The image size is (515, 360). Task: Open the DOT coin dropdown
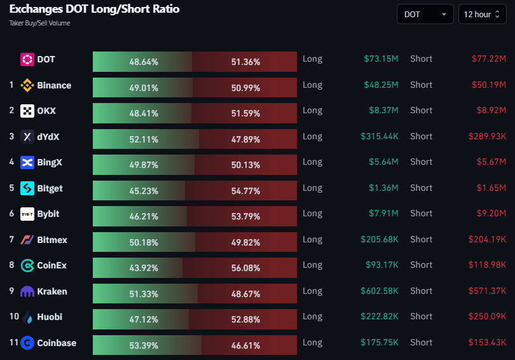(425, 14)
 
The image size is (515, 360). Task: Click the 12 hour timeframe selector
(482, 14)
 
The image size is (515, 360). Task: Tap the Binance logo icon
(27, 85)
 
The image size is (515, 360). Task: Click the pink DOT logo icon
(27, 59)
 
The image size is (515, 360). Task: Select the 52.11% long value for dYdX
(144, 139)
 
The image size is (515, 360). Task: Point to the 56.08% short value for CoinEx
(245, 268)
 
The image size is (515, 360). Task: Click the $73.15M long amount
(381, 59)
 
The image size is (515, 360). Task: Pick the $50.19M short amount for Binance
(489, 85)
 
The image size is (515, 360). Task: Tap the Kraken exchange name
(52, 291)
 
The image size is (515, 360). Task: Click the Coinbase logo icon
(27, 343)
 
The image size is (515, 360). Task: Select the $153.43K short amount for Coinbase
(487, 342)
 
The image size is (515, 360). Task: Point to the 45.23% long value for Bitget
(144, 191)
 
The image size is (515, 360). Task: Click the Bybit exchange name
(48, 214)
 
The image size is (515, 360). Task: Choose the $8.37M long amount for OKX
(383, 111)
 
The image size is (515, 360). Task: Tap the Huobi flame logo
(28, 317)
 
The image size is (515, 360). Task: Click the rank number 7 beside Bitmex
(11, 239)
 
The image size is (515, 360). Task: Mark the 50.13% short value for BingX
(245, 165)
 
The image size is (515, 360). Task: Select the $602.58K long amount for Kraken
(380, 291)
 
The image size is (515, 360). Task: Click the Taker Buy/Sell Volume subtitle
(40, 23)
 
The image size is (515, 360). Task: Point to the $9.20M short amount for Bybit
(491, 214)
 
